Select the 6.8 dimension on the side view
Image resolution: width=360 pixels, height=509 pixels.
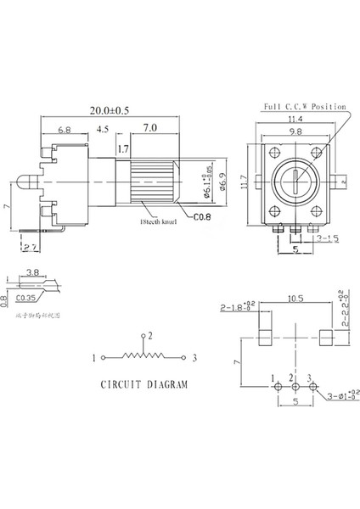tap(65, 131)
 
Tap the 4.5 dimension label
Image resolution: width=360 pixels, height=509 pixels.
tap(103, 131)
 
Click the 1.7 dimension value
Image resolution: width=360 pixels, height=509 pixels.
tap(124, 150)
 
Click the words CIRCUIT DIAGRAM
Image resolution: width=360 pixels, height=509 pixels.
tap(145, 383)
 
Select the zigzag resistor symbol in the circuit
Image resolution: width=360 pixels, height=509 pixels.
tap(146, 356)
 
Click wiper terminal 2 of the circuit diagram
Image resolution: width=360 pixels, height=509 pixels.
tap(150, 337)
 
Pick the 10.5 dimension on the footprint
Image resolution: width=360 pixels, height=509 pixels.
tap(295, 322)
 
